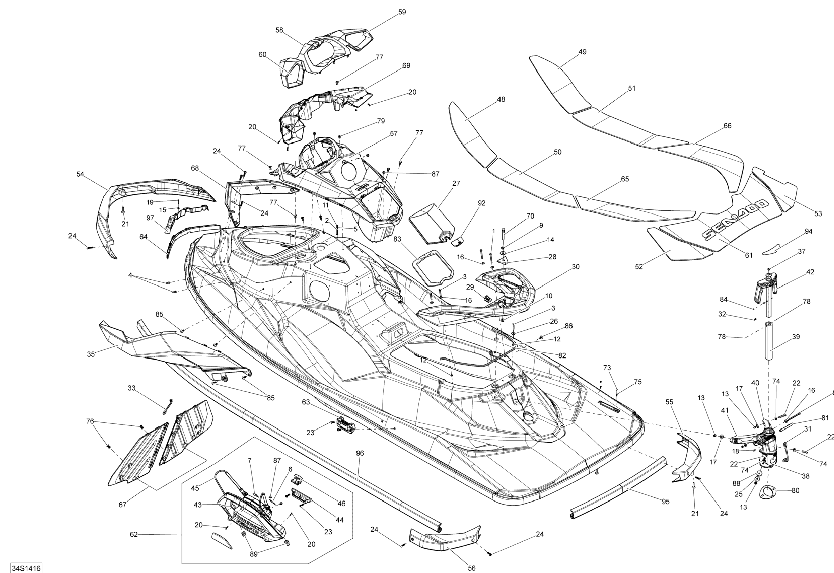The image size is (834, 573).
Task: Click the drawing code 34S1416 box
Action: coord(26,568)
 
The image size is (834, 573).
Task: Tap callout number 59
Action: coord(402,12)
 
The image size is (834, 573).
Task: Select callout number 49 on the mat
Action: coord(582,52)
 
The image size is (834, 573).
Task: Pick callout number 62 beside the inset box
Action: coord(134,534)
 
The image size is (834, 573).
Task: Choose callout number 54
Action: coord(80,174)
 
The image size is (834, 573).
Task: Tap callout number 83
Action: coord(397,239)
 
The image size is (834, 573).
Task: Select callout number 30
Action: coord(576,267)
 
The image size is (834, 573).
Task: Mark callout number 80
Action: coord(795,490)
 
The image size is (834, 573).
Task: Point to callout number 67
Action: coord(123,505)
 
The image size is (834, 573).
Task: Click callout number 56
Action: coord(471,568)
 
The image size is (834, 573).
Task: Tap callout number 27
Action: coord(456,183)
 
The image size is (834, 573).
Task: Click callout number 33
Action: coord(132,388)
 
